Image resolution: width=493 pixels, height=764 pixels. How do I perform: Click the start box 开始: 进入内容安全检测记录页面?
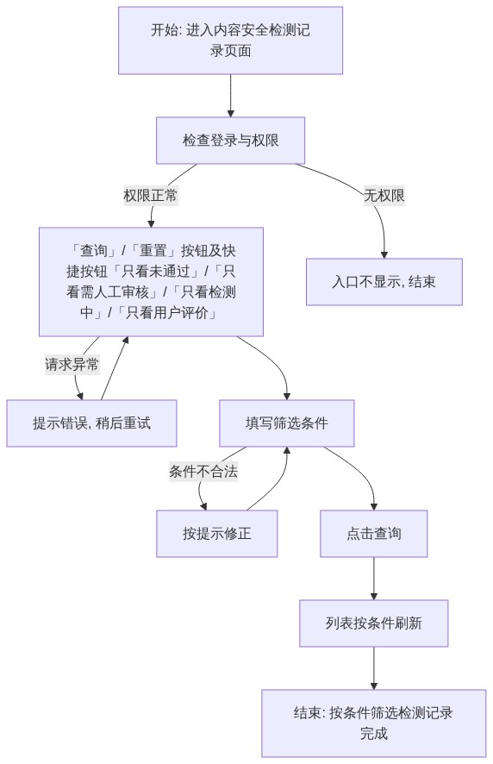pyautogui.click(x=230, y=41)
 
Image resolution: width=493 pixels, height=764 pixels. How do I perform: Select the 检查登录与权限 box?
pyautogui.click(x=230, y=141)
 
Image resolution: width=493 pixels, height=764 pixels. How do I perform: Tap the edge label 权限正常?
pyautogui.click(x=151, y=196)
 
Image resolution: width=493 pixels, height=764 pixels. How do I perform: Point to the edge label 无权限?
pyautogui.click(x=384, y=196)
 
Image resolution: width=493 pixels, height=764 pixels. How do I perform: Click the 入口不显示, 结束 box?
pyautogui.click(x=384, y=282)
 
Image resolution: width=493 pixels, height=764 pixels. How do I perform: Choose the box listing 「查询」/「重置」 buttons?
pyautogui.click(x=151, y=282)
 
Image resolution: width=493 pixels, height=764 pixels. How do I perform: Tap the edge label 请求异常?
pyautogui.click(x=72, y=365)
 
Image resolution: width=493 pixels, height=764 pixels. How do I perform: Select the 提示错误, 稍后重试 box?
pyautogui.click(x=91, y=423)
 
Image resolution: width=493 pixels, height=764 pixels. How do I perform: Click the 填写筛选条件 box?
pyautogui.click(x=286, y=423)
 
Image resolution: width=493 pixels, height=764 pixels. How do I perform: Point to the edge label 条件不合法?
pyautogui.click(x=203, y=472)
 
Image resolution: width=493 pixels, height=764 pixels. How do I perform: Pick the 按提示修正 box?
pyautogui.click(x=217, y=534)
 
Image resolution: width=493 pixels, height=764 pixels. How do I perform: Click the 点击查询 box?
pyautogui.click(x=374, y=534)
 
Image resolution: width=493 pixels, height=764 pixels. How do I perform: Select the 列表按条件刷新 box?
pyautogui.click(x=374, y=623)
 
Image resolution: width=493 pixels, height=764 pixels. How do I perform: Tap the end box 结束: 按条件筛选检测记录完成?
pyautogui.click(x=374, y=723)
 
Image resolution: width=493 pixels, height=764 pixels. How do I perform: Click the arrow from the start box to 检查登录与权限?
pyautogui.click(x=230, y=96)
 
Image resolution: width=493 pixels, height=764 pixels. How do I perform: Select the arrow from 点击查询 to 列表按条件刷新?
pyautogui.click(x=374, y=579)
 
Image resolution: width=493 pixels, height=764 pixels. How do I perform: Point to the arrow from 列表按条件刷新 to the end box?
pyautogui.click(x=374, y=668)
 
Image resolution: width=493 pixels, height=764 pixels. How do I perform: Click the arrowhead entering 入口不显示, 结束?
pyautogui.click(x=384, y=255)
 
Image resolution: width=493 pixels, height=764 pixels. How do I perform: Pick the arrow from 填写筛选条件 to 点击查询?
pyautogui.click(x=359, y=469)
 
